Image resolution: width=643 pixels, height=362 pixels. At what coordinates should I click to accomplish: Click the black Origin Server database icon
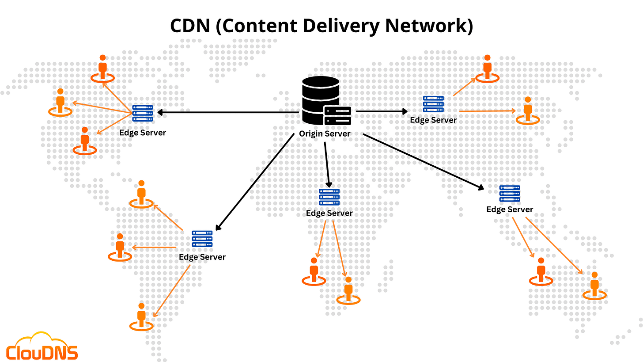[320, 98]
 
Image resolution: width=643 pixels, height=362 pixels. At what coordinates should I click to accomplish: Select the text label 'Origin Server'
[325, 133]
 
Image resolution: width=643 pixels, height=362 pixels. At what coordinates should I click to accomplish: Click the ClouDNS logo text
[42, 353]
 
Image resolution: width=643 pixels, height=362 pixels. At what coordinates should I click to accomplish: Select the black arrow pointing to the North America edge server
[227, 113]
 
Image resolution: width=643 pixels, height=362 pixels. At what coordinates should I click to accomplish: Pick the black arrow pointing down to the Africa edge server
[326, 164]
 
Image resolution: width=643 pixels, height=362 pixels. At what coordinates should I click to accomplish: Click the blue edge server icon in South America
[202, 239]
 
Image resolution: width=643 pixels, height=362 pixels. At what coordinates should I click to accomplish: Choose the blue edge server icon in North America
[143, 113]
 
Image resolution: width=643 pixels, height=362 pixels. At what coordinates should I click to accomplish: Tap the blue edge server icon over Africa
[329, 197]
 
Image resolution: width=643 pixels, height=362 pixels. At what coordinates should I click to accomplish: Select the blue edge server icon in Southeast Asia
[510, 194]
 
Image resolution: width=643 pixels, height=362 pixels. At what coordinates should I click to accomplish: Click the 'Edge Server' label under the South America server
[202, 257]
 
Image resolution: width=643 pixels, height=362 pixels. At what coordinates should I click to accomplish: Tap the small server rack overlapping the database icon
[337, 116]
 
